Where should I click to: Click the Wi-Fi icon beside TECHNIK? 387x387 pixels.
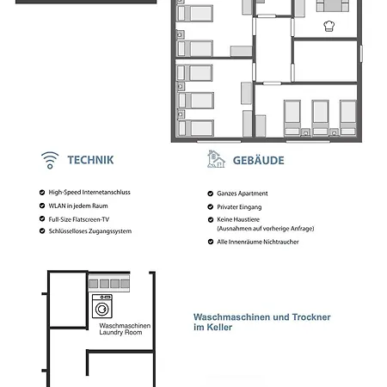(50, 160)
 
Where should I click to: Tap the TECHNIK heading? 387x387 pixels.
(90, 160)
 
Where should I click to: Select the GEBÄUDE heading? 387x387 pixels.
(258, 161)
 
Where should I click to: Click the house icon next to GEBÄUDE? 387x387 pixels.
(216, 159)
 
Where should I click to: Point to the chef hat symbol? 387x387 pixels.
(329, 26)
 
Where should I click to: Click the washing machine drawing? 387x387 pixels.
(102, 306)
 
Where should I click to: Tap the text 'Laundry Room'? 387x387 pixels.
(120, 333)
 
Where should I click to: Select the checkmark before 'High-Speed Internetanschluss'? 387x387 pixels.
(42, 193)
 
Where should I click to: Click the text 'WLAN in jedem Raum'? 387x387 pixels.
(78, 206)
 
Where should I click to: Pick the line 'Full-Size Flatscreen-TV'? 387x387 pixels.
(79, 219)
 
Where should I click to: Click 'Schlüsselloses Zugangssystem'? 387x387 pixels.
(90, 231)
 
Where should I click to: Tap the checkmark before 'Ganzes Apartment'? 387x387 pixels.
(211, 193)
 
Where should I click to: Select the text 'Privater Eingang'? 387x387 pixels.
(239, 207)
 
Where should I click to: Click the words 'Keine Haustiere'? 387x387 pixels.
(238, 219)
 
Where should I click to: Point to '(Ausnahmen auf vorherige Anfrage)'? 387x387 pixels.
(266, 229)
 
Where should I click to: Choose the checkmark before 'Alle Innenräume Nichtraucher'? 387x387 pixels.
(211, 242)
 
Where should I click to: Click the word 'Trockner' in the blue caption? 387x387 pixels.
(311, 317)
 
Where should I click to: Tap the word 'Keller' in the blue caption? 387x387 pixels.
(219, 327)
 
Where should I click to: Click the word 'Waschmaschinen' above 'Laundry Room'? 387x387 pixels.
(125, 326)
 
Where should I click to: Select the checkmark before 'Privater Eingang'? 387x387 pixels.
(211, 206)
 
